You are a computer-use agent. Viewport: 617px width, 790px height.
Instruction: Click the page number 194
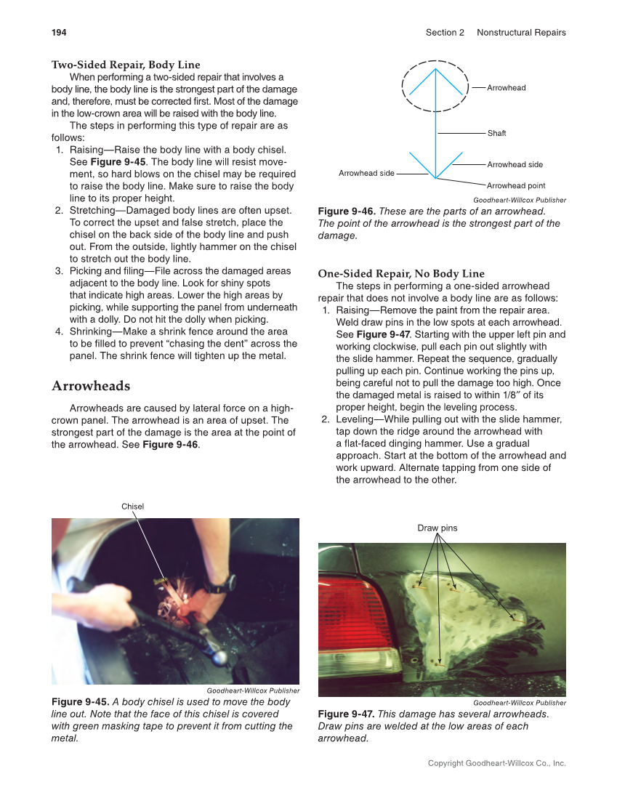click(59, 33)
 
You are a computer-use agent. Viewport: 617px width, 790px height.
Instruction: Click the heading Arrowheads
click(91, 386)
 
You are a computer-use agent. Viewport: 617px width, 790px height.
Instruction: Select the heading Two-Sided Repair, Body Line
click(126, 65)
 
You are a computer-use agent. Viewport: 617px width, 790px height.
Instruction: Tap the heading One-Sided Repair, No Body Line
click(400, 274)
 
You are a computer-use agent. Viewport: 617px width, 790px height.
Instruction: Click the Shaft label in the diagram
click(496, 134)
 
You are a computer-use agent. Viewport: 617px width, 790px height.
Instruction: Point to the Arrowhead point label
click(516, 186)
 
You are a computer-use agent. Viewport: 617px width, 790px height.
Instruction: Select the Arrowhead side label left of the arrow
click(366, 174)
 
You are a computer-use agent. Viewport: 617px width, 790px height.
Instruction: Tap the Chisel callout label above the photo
click(132, 507)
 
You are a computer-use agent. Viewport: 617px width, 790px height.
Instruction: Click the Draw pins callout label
click(437, 528)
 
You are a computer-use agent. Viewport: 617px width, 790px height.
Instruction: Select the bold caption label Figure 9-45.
click(80, 702)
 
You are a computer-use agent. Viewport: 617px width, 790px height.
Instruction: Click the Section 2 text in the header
click(445, 33)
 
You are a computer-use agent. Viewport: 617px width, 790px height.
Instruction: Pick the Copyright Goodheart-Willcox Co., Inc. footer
click(496, 764)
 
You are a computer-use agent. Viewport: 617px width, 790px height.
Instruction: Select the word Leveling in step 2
click(358, 420)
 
